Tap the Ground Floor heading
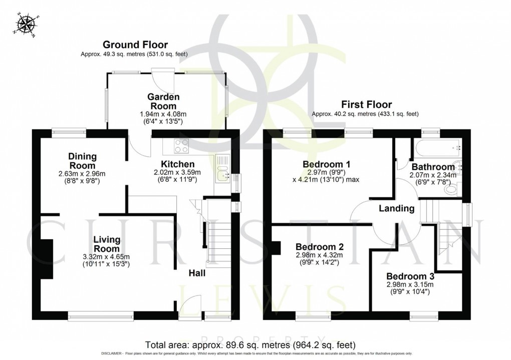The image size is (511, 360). point(135,45)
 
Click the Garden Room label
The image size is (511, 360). point(163,101)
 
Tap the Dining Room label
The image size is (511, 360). point(83,161)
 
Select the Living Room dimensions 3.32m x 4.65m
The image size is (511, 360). point(107,256)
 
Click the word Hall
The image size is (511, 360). point(197,273)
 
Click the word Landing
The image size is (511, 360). point(396,208)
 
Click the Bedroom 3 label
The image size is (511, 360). point(410,276)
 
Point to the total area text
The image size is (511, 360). point(250,345)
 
